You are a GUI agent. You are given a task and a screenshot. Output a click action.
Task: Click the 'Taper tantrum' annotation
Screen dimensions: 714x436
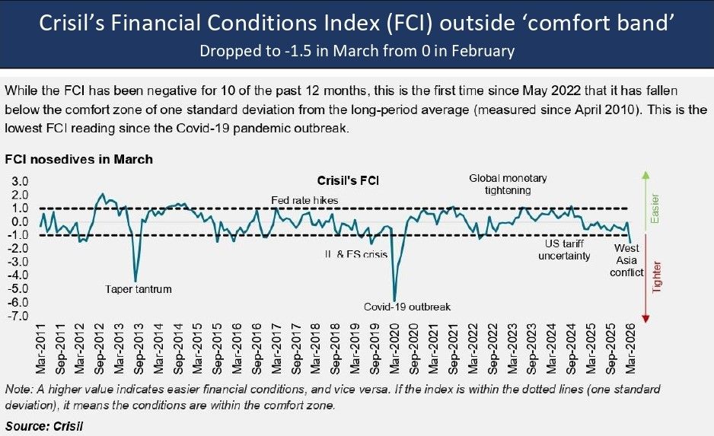tap(139, 289)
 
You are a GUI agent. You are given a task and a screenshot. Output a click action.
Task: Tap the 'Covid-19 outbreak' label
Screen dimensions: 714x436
tap(407, 307)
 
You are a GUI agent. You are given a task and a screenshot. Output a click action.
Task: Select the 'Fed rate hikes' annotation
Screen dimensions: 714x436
tap(304, 200)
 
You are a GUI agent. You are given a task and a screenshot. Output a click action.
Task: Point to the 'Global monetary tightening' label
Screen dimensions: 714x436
tap(508, 184)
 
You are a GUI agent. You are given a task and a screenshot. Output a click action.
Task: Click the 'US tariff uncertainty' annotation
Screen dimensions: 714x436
tap(564, 250)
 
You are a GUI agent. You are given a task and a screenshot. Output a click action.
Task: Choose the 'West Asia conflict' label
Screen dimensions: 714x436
tap(626, 260)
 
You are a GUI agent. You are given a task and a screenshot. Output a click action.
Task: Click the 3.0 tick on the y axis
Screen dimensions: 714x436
tap(20, 182)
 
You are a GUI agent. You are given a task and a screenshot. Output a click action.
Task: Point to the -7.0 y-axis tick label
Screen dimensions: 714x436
tap(18, 316)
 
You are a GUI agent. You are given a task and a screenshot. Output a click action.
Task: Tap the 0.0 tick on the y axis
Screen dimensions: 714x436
tap(20, 222)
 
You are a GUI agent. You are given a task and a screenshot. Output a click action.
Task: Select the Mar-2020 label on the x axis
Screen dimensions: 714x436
tap(394, 348)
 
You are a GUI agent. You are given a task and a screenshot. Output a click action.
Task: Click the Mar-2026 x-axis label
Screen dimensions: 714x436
tap(630, 348)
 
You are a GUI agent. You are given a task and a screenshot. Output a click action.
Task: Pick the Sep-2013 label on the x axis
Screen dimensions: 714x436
tap(139, 348)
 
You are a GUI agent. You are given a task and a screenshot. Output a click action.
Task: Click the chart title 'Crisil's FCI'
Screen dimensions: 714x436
tap(348, 180)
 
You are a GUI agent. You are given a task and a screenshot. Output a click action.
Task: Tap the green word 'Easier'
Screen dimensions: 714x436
tap(655, 208)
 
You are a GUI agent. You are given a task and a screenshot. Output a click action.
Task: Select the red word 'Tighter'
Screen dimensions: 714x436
tap(656, 277)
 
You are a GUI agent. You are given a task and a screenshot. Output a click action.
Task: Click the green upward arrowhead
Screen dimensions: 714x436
tap(645, 175)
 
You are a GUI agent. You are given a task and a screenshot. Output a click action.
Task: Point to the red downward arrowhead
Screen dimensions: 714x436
tap(645, 319)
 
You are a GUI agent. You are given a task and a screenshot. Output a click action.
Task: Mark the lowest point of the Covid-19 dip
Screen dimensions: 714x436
tap(394, 301)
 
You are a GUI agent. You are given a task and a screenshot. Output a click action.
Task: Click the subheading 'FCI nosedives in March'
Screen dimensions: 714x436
tap(78, 159)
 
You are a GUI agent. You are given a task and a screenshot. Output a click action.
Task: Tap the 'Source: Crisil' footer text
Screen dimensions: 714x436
tap(44, 426)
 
